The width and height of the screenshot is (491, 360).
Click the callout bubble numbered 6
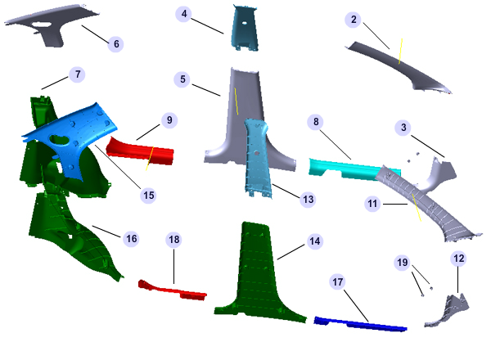[116, 44]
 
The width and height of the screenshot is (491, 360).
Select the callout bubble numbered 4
[184, 14]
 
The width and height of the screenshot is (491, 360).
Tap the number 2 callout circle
[354, 20]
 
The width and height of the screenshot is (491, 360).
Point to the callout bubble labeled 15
[148, 196]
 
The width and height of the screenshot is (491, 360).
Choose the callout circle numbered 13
[308, 200]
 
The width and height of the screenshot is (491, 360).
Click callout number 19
[403, 262]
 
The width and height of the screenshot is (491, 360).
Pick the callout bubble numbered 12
[459, 259]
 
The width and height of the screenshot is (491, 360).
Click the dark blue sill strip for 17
[360, 324]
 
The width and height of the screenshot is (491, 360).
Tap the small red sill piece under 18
[172, 290]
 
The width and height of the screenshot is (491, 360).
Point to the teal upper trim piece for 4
[245, 29]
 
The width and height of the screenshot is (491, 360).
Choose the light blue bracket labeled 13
[258, 158]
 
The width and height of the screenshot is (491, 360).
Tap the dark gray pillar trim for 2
[398, 65]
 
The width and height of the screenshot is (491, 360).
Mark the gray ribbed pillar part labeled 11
[426, 204]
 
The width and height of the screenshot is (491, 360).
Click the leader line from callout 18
[173, 266]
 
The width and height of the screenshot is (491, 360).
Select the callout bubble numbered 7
[78, 74]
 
